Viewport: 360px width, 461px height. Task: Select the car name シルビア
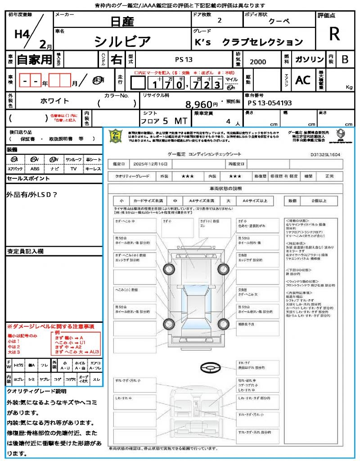point(122,41)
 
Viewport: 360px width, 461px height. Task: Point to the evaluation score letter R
point(334,34)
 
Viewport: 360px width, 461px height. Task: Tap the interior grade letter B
point(344,59)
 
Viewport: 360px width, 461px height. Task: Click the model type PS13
point(184,59)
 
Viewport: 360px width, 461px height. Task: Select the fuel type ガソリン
point(309,59)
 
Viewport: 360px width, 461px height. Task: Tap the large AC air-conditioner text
point(303,80)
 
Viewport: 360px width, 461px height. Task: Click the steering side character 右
point(117,59)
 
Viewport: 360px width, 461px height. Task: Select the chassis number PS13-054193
point(270,103)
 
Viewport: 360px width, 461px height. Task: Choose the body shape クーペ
point(279,21)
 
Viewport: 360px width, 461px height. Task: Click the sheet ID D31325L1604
point(325,154)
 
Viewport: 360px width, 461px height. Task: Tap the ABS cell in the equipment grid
point(35,169)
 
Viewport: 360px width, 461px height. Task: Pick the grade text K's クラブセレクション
point(248,42)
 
